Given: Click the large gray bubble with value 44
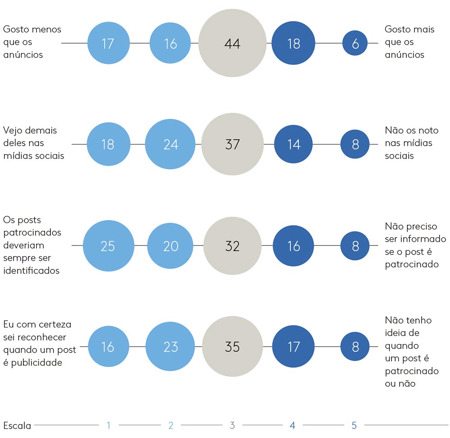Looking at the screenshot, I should (x=232, y=44).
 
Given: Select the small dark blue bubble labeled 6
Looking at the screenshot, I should (x=355, y=44).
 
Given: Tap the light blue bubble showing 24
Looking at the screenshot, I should (x=171, y=144).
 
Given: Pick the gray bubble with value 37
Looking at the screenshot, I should (x=232, y=144).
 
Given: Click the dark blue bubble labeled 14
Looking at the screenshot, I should (x=293, y=144).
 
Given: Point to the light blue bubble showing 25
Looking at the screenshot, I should (x=108, y=246).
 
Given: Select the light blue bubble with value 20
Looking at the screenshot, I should (x=171, y=246).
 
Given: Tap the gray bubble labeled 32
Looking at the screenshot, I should (x=232, y=246).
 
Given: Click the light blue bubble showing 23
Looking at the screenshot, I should (x=171, y=347).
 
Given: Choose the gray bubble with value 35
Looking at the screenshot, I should (x=232, y=347).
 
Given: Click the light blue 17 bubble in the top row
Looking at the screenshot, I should (x=108, y=44).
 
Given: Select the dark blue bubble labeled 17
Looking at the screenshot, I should (x=293, y=347).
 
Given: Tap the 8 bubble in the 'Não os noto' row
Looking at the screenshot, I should (x=355, y=144).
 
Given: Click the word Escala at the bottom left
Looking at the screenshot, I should (x=17, y=425).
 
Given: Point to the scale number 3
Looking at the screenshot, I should (x=232, y=425).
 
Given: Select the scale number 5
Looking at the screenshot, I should (x=354, y=425).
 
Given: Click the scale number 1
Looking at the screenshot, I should (x=108, y=425).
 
